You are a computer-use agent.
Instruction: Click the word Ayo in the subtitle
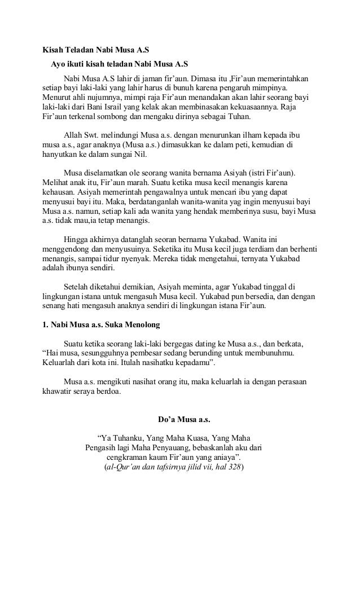[x=58, y=63]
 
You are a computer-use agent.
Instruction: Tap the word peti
[x=232, y=147]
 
